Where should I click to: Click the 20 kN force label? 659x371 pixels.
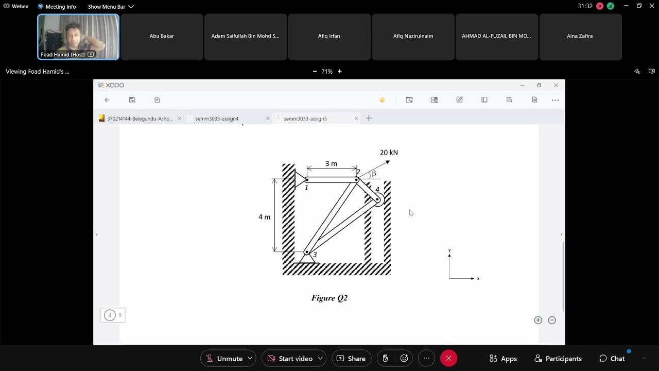pos(389,153)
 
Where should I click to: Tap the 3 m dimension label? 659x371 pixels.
pos(331,164)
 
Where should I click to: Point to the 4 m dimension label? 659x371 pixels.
pos(264,217)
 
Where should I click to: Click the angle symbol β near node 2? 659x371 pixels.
pos(374,174)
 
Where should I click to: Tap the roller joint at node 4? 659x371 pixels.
pos(378,199)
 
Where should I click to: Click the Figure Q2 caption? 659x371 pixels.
pos(329,298)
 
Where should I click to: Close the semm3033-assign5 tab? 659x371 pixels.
pos(356,119)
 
